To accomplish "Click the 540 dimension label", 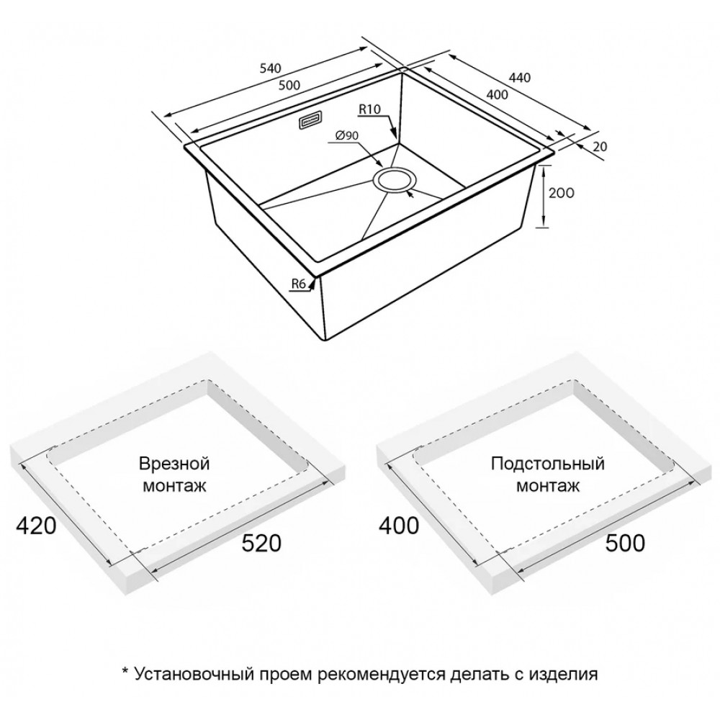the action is (270, 68).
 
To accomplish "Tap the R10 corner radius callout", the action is (369, 109).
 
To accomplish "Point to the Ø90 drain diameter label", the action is (347, 135).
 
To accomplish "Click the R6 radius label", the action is (299, 284).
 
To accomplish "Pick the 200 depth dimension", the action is (561, 193).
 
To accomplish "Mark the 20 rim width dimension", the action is (600, 146).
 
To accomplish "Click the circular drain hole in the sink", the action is (395, 181).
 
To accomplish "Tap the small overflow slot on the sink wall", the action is (311, 121).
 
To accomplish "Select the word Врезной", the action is (174, 463).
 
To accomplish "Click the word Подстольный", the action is (548, 463).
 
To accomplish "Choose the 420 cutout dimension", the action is (36, 526).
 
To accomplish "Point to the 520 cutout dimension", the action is (261, 543).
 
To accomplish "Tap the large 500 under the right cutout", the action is (625, 543).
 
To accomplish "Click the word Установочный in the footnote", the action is (194, 674).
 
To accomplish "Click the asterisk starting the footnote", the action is (125, 671).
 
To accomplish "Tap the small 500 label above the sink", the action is (289, 85).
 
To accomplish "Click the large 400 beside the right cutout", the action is (399, 526).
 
